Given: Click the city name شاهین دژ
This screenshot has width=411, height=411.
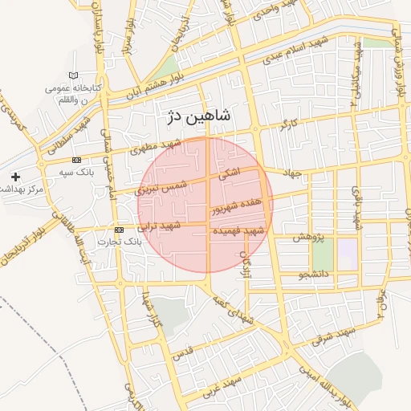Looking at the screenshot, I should coord(197,116).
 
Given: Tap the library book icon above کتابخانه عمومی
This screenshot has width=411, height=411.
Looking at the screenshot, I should coord(74,76).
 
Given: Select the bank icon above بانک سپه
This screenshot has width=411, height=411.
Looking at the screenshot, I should coord(76,161).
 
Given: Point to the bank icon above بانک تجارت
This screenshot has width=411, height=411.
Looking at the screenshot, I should coord(120,230).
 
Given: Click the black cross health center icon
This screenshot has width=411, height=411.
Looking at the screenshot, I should coord(15,177).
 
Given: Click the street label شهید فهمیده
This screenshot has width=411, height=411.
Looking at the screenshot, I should coord(238,231).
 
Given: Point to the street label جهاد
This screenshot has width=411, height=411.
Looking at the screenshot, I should coord(291,174).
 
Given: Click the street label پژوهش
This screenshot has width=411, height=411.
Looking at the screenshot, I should coord(307,238).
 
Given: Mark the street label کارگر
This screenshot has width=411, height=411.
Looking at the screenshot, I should coord(287,125).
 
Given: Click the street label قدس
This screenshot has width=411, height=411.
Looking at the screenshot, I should coord(183,352).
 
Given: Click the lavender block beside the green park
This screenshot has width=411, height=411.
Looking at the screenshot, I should coord(347,254).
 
